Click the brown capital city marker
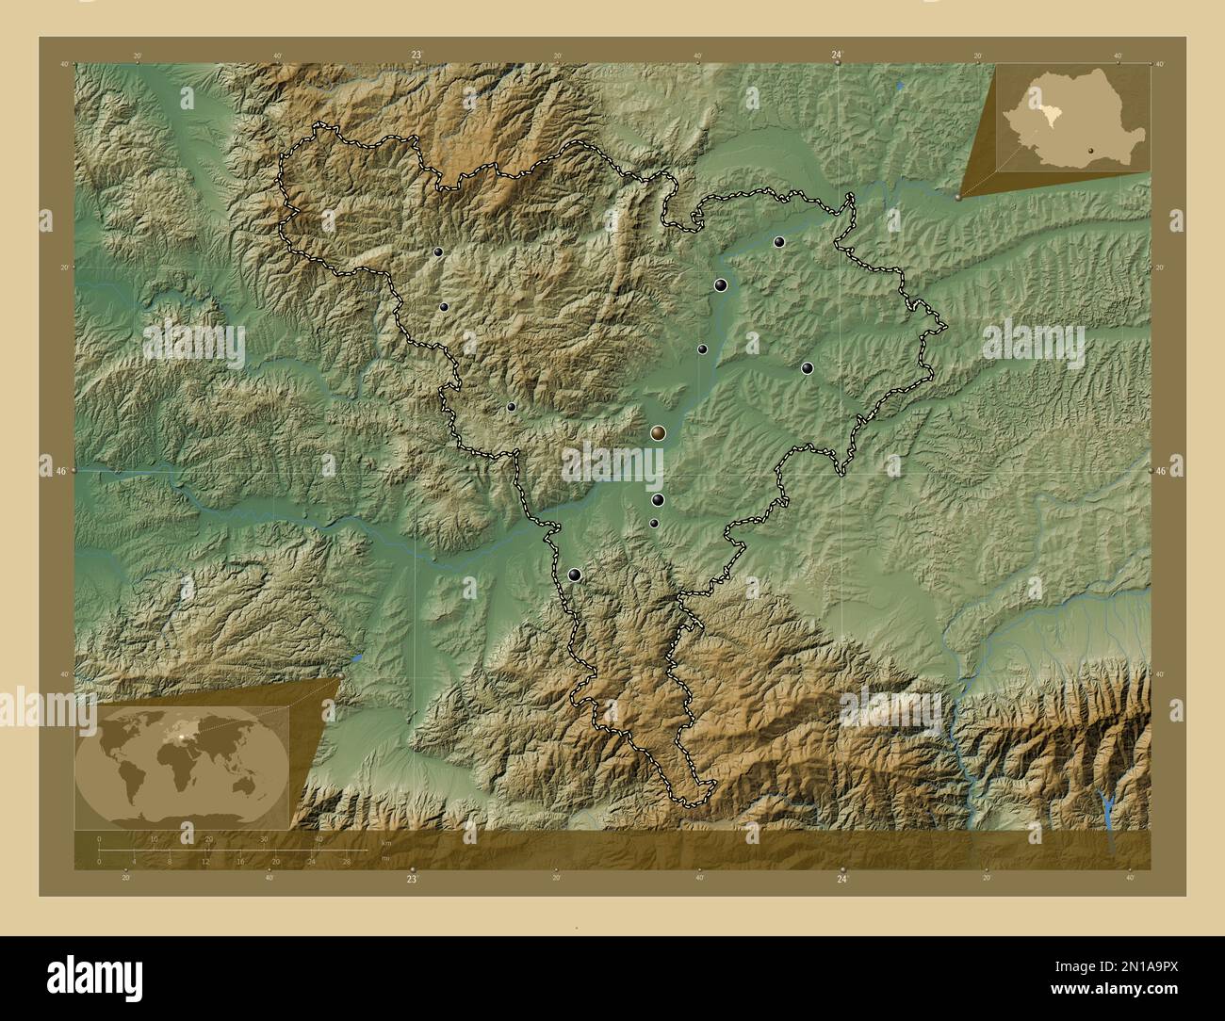point(659,432)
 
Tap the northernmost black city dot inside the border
point(778,242)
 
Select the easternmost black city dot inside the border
point(807,368)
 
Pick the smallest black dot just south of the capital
point(653,524)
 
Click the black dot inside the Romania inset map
point(1090,149)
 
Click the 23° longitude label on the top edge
point(415,55)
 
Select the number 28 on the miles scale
point(347,861)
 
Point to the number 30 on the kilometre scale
point(264,838)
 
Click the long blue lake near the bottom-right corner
point(1108,805)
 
